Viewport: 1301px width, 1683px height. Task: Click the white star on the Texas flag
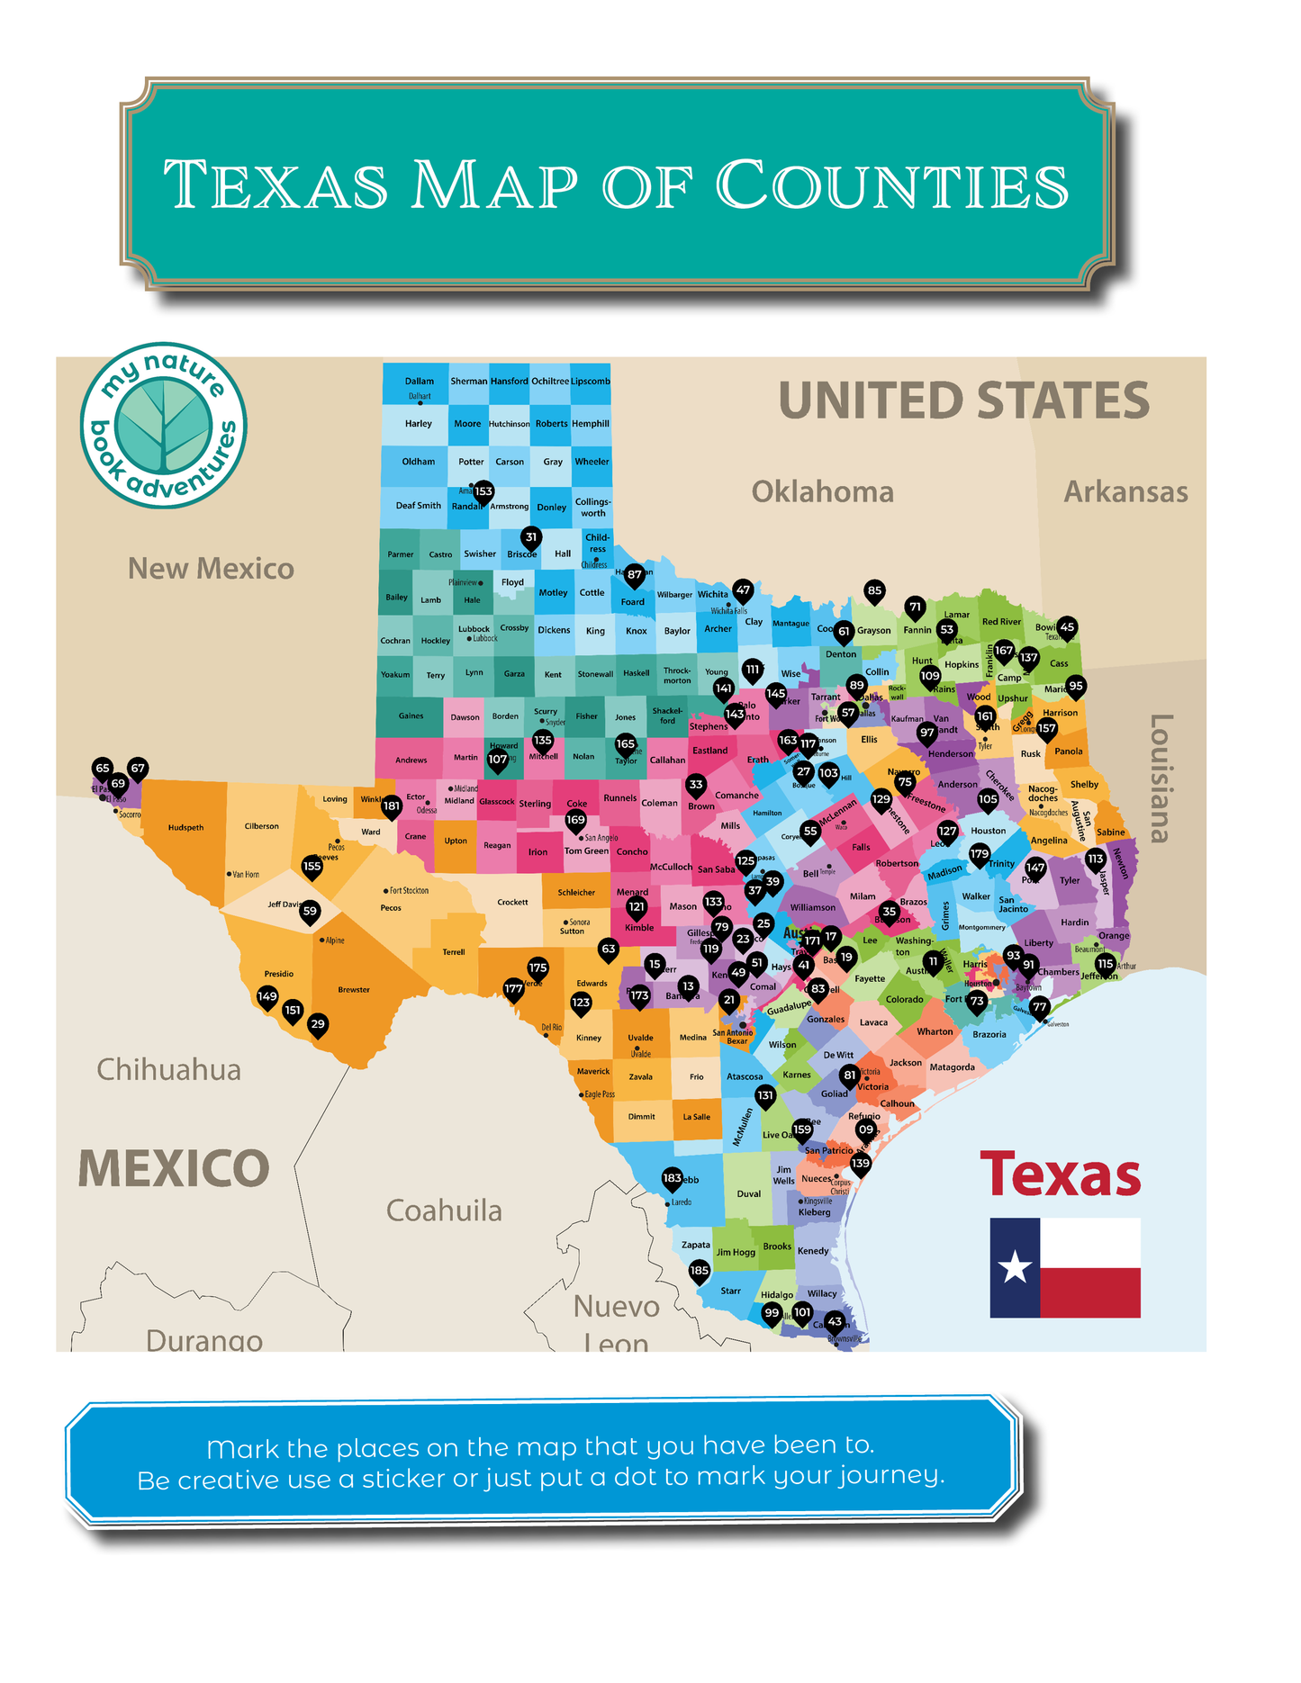pos(1015,1267)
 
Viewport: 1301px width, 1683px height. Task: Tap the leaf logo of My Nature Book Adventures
pos(163,425)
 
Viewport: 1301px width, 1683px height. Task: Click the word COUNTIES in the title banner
pos(891,185)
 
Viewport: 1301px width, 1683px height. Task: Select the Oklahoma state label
pos(822,491)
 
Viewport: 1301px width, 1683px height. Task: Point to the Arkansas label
pos(1125,491)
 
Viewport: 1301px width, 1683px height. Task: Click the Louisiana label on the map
pos(1161,778)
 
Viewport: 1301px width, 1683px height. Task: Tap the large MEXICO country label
pos(174,1168)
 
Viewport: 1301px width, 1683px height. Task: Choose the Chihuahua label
pos(168,1069)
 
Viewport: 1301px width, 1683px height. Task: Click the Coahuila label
pos(444,1210)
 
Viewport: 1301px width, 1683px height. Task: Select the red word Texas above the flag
pos(1060,1175)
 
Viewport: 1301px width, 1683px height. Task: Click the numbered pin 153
pos(483,491)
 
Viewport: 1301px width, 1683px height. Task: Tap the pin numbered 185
pos(699,1271)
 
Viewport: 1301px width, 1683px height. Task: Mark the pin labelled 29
pos(317,1024)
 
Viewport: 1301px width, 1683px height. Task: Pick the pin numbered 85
pos(874,591)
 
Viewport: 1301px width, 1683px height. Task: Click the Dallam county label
pos(419,381)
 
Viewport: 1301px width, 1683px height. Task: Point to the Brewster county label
pos(354,989)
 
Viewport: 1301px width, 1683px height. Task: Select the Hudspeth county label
pos(185,827)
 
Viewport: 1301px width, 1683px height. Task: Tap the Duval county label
pos(748,1193)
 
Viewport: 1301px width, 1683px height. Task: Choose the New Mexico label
pos(211,568)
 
